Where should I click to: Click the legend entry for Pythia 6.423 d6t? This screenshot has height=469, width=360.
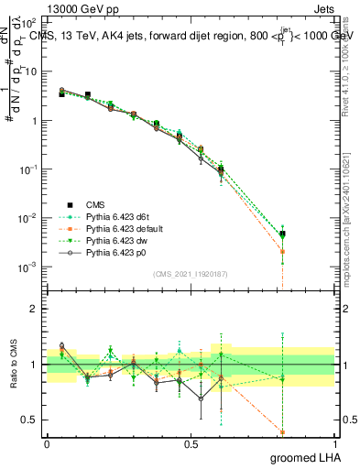(116, 217)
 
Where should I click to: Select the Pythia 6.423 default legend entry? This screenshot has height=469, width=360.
(123, 228)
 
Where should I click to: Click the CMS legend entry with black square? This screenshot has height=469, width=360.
(95, 205)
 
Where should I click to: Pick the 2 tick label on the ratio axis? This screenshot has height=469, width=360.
(33, 309)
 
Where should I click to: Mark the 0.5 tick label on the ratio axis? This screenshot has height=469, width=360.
(28, 420)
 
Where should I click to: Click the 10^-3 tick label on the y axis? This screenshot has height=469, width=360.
(30, 267)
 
